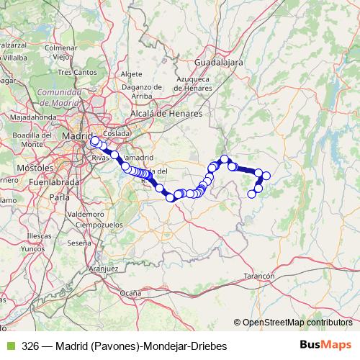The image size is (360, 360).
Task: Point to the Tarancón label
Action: click(259, 276)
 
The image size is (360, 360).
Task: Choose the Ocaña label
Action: click(130, 293)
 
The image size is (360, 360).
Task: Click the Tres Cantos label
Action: click(76, 72)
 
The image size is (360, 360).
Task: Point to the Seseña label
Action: click(78, 243)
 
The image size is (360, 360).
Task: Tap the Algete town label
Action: click(132, 74)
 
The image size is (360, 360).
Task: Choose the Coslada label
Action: click(116, 133)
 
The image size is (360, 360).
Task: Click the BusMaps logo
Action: click(325, 346)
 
